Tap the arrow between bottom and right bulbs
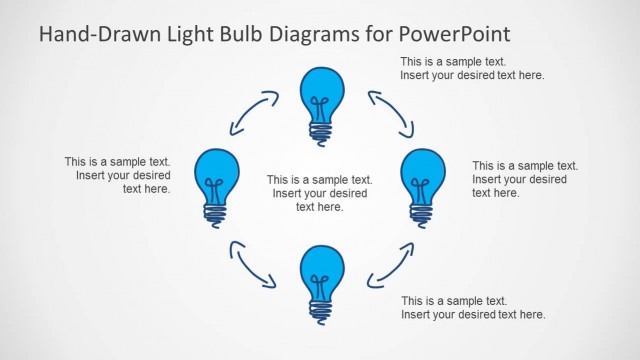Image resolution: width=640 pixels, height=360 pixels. (x=390, y=263)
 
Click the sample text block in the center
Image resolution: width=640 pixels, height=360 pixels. (x=320, y=193)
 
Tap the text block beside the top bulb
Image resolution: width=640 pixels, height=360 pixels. (x=472, y=68)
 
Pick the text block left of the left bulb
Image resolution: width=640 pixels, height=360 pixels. (x=117, y=174)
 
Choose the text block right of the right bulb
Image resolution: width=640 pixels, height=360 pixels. (x=525, y=179)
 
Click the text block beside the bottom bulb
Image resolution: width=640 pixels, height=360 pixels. (x=473, y=307)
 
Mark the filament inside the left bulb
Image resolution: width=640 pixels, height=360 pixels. (x=214, y=188)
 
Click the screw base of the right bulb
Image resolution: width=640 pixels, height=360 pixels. (x=422, y=211)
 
